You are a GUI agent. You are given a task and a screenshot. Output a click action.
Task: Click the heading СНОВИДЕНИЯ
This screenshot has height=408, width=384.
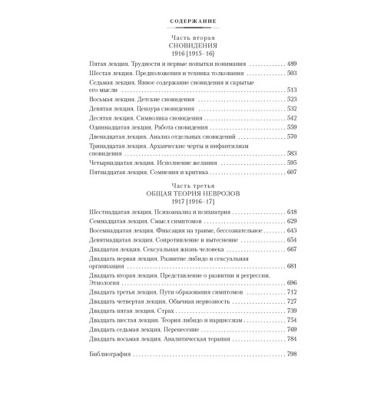tap(192, 46)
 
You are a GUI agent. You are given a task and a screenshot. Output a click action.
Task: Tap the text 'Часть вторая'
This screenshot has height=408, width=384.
tap(192, 37)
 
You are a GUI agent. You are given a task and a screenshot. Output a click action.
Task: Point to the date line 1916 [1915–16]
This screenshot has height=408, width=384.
tap(192, 55)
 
